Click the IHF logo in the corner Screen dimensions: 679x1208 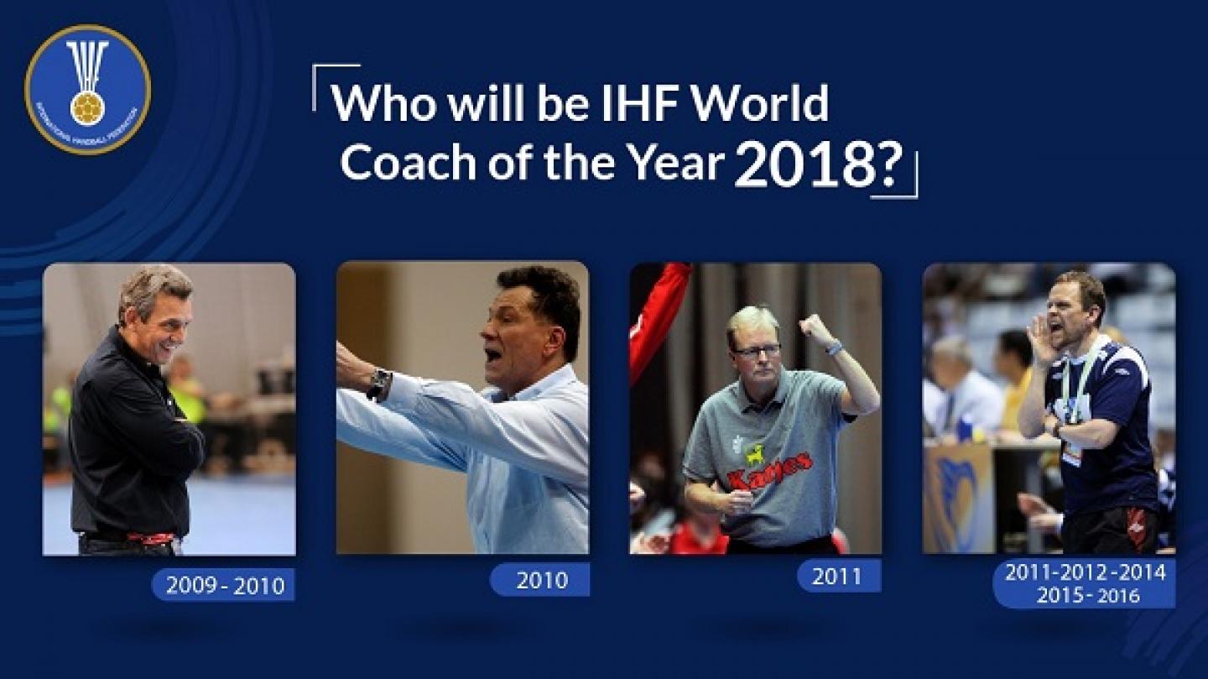[x=87, y=89]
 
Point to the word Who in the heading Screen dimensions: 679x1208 [x=381, y=104]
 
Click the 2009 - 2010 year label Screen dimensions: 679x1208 [x=222, y=584]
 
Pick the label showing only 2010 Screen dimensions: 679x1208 [x=541, y=580]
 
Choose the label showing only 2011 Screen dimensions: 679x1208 [x=838, y=577]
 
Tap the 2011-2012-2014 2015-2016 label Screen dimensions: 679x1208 [x=1085, y=583]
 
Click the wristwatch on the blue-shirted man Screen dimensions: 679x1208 [x=378, y=383]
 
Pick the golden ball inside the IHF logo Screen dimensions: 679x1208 [x=87, y=107]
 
